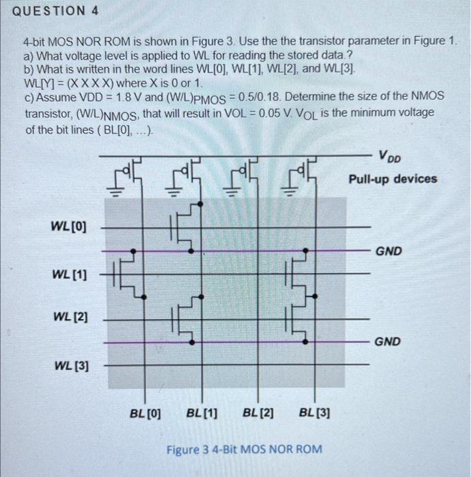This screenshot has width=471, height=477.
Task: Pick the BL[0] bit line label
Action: (x=145, y=412)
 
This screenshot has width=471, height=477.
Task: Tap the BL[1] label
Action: (x=202, y=412)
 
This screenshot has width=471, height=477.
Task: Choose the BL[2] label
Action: (x=258, y=412)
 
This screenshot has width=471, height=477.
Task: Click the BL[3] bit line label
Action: (x=315, y=412)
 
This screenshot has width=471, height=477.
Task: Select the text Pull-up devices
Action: (x=393, y=179)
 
